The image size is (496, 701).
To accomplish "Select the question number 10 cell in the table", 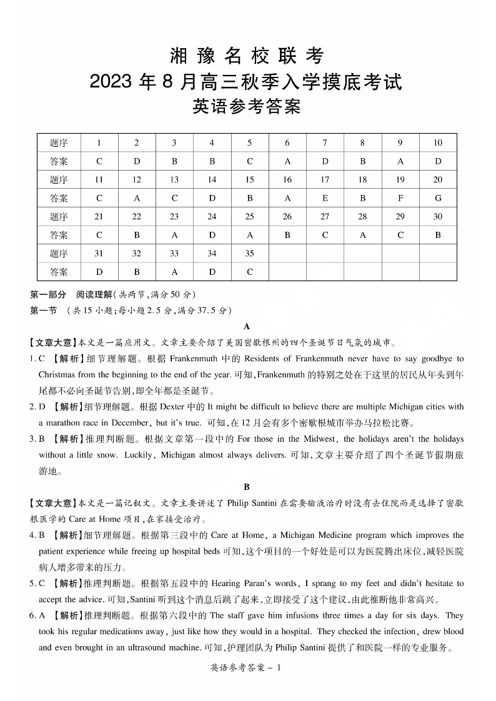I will (x=438, y=142).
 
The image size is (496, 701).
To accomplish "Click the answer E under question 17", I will (x=325, y=198).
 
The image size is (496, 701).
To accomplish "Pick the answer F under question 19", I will (x=400, y=198).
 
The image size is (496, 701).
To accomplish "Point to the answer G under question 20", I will (x=438, y=198).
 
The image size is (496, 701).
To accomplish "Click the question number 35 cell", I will (x=249, y=254).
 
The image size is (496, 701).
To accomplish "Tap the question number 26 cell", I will (x=287, y=217).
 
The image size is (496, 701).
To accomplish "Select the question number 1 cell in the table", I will (x=99, y=142).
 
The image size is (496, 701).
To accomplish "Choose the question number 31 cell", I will (x=99, y=254).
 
